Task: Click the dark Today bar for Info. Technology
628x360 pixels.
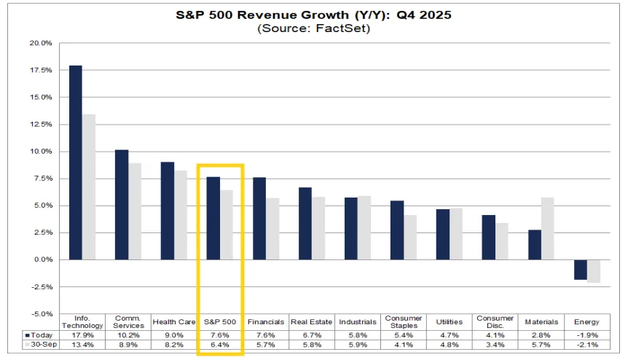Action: pyautogui.click(x=75, y=163)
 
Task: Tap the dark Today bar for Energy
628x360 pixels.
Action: pyautogui.click(x=580, y=270)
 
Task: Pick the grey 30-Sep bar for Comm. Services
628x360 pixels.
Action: pyautogui.click(x=134, y=211)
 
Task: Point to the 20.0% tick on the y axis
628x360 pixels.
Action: pyautogui.click(x=40, y=43)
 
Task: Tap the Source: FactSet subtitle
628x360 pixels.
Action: pyautogui.click(x=313, y=28)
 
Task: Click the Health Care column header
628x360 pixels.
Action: pyautogui.click(x=173, y=321)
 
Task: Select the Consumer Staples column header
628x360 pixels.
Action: pyautogui.click(x=403, y=321)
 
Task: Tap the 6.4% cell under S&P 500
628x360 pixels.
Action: pyautogui.click(x=219, y=345)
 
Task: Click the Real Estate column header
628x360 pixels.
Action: pyautogui.click(x=311, y=321)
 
